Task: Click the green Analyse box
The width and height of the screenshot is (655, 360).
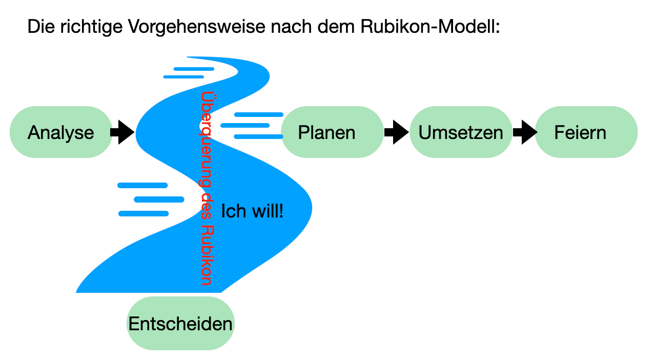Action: (x=61, y=132)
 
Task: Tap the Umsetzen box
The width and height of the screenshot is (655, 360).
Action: (x=461, y=132)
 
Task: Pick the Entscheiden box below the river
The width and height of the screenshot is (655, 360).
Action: (x=180, y=324)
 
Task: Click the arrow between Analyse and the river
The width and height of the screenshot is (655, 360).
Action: (x=122, y=132)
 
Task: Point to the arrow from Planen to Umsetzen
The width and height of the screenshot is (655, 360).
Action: (x=396, y=132)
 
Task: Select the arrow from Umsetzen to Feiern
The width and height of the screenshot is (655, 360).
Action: (x=524, y=132)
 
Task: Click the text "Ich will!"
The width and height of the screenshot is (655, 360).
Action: (x=252, y=211)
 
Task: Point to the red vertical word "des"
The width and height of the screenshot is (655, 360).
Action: (x=206, y=206)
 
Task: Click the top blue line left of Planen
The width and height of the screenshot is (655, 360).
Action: (x=258, y=114)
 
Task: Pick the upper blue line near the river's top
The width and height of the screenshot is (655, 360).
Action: (x=194, y=69)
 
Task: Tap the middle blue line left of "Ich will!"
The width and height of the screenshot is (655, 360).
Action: (x=159, y=199)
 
